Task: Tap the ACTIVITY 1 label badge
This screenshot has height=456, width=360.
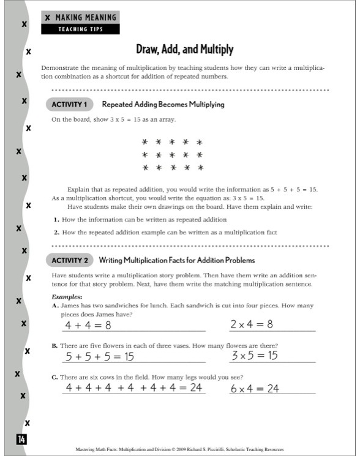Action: click(69, 104)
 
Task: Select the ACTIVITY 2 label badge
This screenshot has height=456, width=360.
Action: click(69, 260)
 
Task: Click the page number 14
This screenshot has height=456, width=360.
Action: click(21, 439)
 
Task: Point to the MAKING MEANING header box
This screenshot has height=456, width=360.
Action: click(80, 18)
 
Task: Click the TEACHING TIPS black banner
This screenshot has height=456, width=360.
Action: click(80, 29)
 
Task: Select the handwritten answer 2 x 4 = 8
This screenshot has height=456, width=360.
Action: click(251, 324)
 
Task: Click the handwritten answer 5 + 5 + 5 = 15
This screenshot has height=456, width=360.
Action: click(100, 356)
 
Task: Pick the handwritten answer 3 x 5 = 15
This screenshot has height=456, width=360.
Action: click(255, 356)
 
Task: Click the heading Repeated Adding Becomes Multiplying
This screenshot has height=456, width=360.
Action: click(163, 105)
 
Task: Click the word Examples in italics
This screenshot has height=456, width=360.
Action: click(67, 296)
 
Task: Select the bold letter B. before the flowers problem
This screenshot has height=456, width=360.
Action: click(55, 346)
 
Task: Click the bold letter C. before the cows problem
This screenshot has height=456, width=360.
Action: click(55, 377)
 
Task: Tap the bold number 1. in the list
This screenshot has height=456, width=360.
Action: click(56, 219)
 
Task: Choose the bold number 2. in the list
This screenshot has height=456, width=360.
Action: click(56, 233)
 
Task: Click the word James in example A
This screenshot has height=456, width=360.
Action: click(72, 305)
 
